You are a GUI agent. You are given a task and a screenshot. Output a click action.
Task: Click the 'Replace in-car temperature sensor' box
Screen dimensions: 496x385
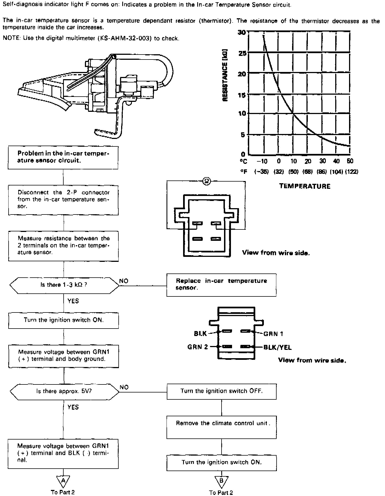221,285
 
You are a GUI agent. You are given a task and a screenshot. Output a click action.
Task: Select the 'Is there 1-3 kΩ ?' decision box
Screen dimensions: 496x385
64,285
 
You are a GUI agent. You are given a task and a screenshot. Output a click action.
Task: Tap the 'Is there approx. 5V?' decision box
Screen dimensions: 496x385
64,391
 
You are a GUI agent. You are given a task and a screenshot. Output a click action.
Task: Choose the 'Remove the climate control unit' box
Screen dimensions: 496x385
221,427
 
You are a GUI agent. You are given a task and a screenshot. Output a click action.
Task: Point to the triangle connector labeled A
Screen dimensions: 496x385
63,481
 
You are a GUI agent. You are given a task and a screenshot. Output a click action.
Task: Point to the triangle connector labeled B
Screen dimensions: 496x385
221,481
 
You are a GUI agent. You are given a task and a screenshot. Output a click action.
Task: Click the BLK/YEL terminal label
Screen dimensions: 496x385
277,347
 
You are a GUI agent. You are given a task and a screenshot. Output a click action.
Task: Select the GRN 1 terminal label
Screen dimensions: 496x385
273,334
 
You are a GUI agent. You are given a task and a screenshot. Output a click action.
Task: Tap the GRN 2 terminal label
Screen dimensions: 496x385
197,347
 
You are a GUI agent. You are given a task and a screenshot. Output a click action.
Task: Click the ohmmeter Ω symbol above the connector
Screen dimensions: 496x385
207,181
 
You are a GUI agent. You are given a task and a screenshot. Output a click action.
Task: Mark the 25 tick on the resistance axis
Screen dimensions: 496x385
242,53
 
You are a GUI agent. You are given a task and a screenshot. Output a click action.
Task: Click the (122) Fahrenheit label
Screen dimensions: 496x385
351,172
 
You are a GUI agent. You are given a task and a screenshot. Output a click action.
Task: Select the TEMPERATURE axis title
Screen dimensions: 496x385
305,186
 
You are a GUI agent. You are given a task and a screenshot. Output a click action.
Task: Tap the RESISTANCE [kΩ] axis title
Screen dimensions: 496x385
225,75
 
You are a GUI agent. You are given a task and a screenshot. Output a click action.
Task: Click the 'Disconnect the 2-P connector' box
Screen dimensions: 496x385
63,200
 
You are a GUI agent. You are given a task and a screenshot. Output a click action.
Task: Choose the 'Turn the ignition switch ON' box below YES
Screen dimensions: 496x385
63,320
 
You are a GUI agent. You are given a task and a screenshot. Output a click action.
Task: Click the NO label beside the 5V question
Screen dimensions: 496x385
124,387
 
